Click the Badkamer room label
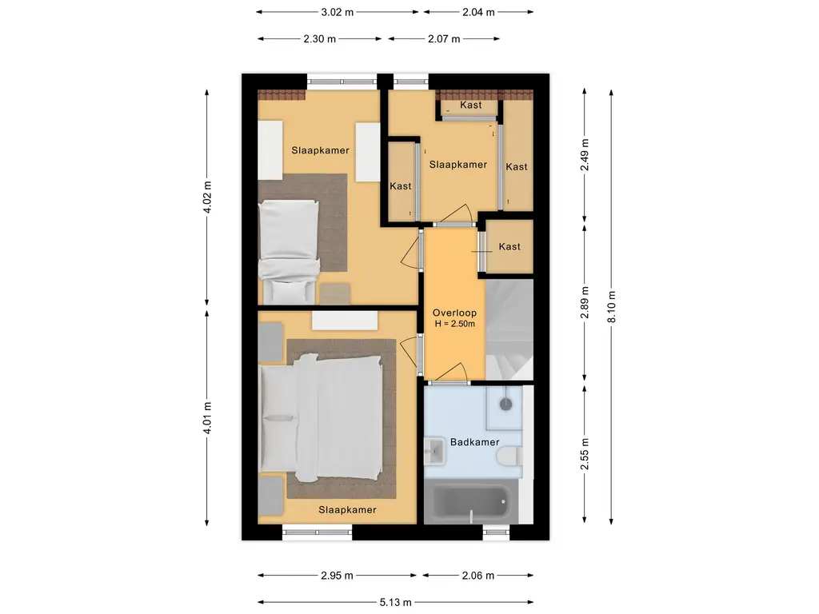(x=473, y=442)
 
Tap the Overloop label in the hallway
(x=454, y=313)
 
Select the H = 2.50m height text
(x=454, y=324)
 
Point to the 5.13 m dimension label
(x=396, y=602)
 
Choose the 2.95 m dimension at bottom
(x=338, y=575)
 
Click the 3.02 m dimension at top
(x=338, y=12)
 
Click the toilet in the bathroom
(x=509, y=456)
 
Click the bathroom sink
(x=435, y=450)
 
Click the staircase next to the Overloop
(x=509, y=328)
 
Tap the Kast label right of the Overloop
(x=509, y=246)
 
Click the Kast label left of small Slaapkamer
(x=401, y=185)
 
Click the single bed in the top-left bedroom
(x=289, y=248)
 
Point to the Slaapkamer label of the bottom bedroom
(x=347, y=509)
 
